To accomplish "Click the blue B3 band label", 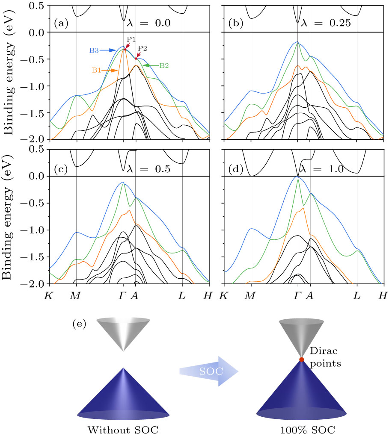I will [95, 50].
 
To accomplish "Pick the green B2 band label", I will [164, 65].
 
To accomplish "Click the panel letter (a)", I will [61, 24].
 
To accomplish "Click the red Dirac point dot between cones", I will [301, 360].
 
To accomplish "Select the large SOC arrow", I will [207, 371].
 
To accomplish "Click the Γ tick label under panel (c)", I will [123, 295].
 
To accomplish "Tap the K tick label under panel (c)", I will [50, 295].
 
